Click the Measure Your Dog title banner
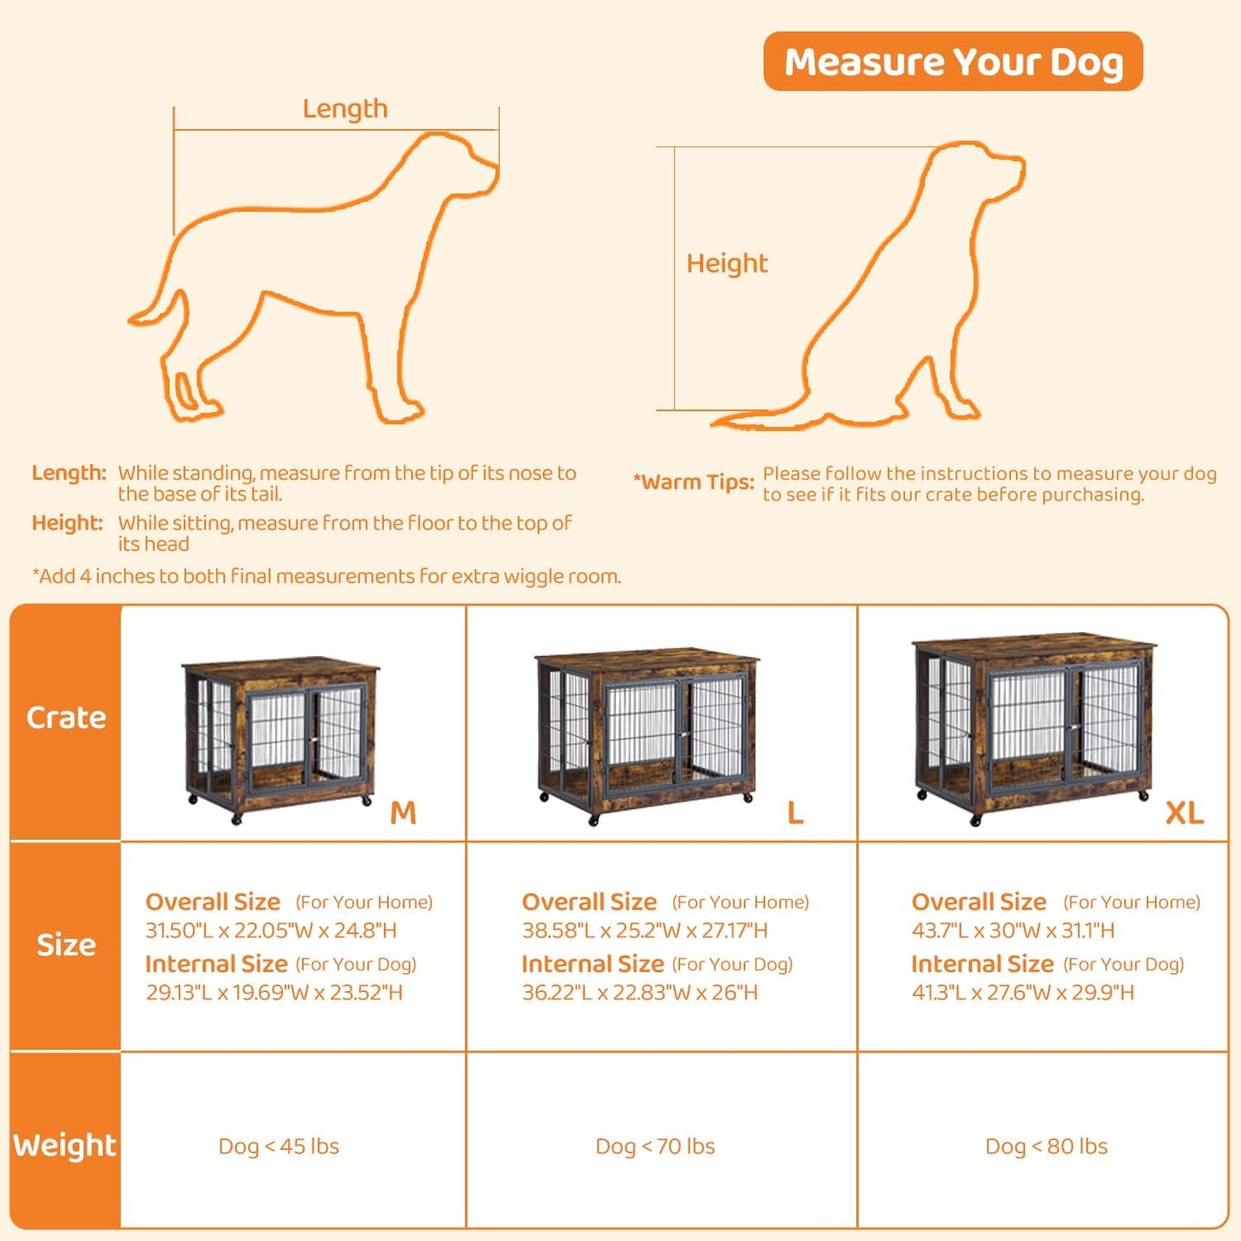pyautogui.click(x=952, y=62)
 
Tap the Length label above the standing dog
pyautogui.click(x=345, y=109)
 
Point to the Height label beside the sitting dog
pyautogui.click(x=727, y=264)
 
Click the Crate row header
pyautogui.click(x=66, y=718)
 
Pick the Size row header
pyautogui.click(x=66, y=945)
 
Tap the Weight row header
pyautogui.click(x=64, y=1146)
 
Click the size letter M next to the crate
pyautogui.click(x=403, y=812)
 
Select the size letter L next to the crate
pyautogui.click(x=795, y=812)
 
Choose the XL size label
pyautogui.click(x=1184, y=812)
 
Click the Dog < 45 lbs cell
pyautogui.click(x=279, y=1147)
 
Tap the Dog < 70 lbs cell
pyautogui.click(x=655, y=1147)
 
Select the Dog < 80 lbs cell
pyautogui.click(x=1046, y=1147)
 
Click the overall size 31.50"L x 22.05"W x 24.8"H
pyautogui.click(x=271, y=930)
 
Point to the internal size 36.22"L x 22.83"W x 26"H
pyautogui.click(x=640, y=993)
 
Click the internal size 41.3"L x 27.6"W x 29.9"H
pyautogui.click(x=1023, y=993)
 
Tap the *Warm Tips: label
pyautogui.click(x=694, y=483)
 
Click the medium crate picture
pyautogui.click(x=281, y=739)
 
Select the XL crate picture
pyautogui.click(x=1034, y=727)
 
